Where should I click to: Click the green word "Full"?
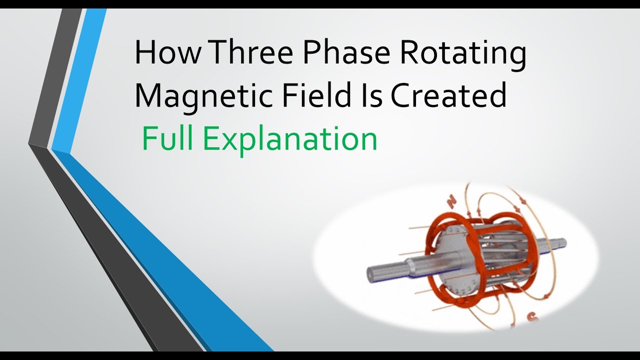pyautogui.click(x=167, y=138)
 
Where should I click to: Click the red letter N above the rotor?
pyautogui.click(x=452, y=201)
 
